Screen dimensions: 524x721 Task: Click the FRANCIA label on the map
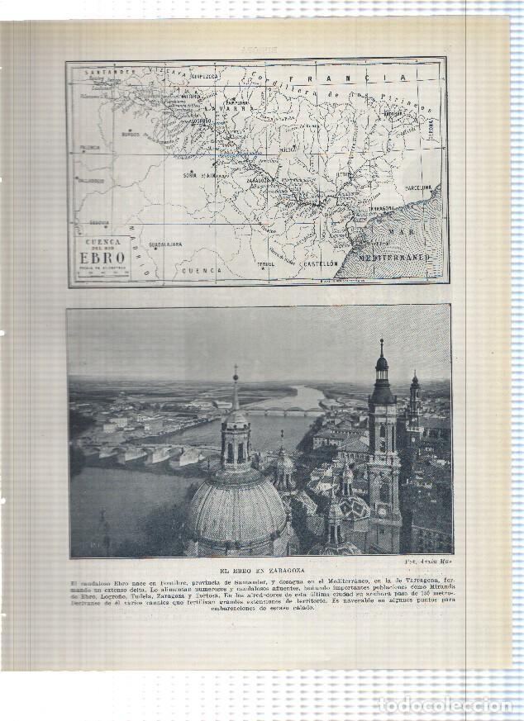pos(375,78)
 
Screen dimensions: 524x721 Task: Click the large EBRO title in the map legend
pos(103,257)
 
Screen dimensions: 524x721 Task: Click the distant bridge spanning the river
pos(285,410)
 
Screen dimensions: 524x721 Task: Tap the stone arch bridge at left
pos(145,453)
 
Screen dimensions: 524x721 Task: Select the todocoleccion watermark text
pos(445,704)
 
